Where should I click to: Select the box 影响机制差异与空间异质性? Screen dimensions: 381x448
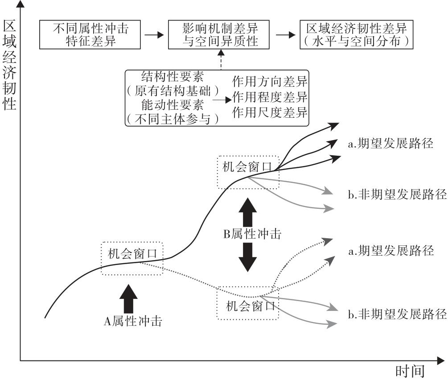pyautogui.click(x=220, y=35)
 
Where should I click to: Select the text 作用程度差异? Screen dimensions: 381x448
pyautogui.click(x=270, y=97)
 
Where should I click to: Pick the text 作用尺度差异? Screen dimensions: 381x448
pyautogui.click(x=270, y=112)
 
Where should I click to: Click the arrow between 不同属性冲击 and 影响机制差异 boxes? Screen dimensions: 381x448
pyautogui.click(x=155, y=35)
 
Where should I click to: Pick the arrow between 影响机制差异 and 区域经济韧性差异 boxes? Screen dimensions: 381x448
pyautogui.click(x=286, y=35)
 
